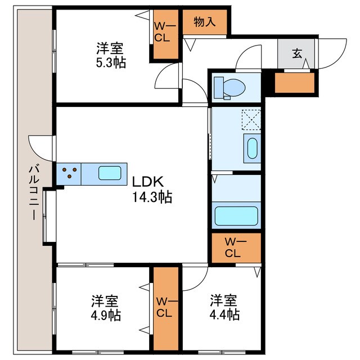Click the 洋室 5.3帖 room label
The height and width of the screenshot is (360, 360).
110,55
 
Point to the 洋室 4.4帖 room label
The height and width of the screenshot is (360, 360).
225,306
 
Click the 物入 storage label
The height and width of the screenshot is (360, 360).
204,22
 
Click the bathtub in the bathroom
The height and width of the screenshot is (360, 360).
236,216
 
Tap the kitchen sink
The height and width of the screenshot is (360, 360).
110,173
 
